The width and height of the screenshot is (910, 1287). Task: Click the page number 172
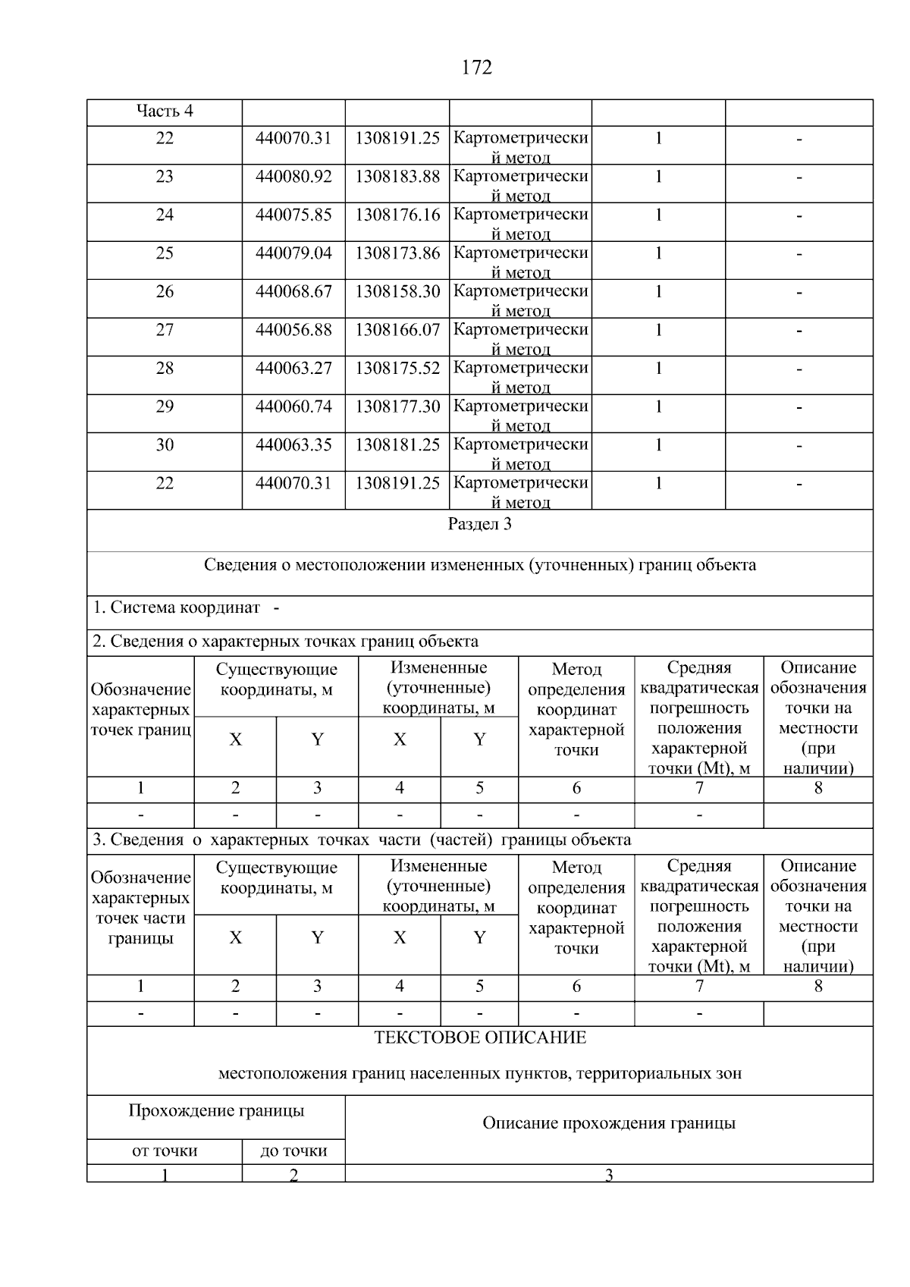476,68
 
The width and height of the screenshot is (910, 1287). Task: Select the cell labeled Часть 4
165,111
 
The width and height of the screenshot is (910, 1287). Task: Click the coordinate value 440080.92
293,177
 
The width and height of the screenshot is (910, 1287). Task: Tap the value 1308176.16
397,215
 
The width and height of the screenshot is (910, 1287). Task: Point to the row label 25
165,253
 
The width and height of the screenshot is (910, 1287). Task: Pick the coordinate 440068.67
293,292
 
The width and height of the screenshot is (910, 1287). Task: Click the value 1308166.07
397,330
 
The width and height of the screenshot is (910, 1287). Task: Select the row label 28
165,369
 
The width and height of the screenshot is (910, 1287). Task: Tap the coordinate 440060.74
293,407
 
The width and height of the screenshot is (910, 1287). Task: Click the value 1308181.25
397,445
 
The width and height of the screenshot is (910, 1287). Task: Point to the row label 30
165,445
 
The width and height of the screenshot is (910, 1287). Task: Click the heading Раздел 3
479,524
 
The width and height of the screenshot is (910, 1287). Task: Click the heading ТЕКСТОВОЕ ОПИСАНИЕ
479,1037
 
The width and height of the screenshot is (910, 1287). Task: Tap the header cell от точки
165,1151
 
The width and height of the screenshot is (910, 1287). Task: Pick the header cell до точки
293,1151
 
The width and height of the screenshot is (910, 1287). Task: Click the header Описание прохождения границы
608,1123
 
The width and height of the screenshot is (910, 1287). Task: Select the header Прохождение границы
216,1111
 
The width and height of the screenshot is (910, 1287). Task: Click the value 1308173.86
397,253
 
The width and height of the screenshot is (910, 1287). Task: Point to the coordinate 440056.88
293,330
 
